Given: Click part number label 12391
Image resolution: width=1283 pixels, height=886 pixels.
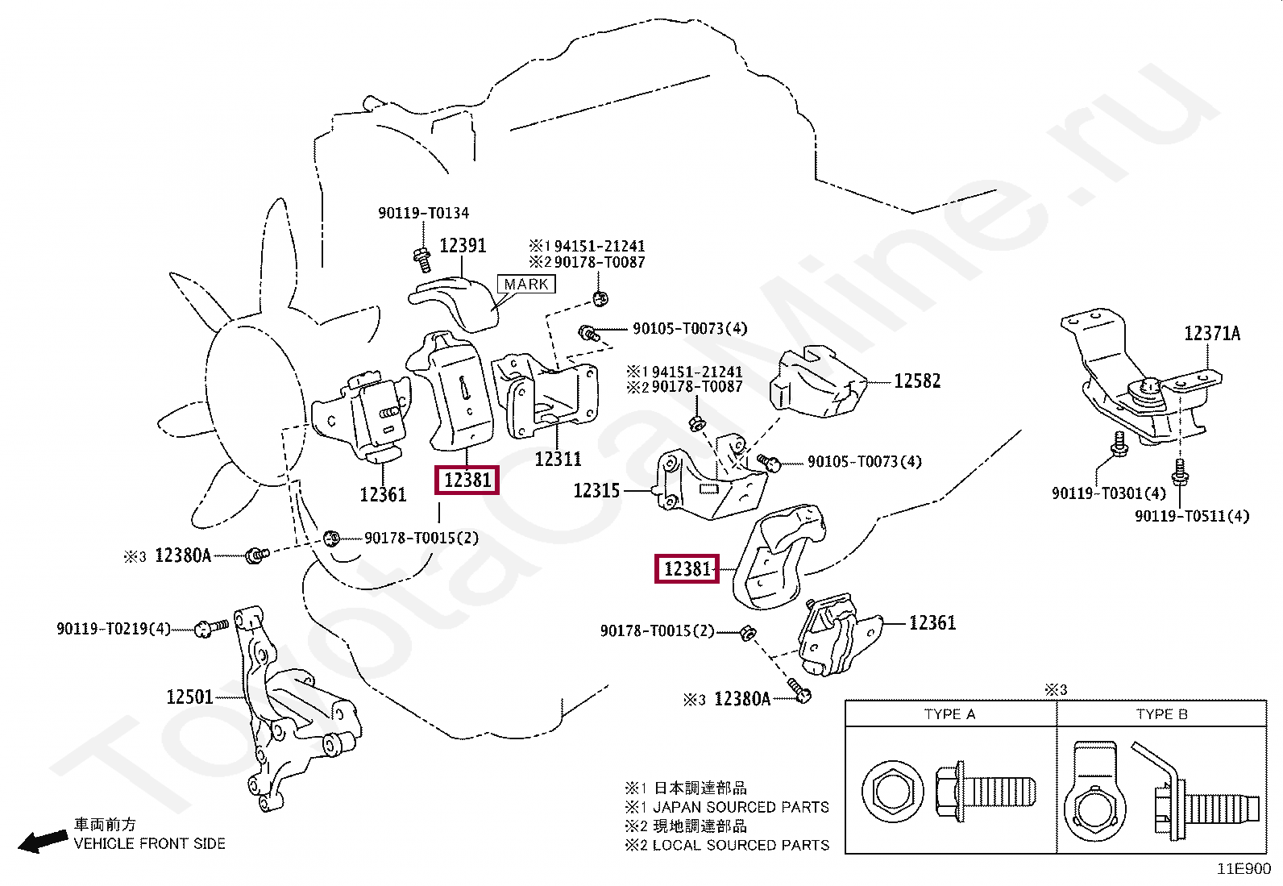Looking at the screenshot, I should [x=463, y=245].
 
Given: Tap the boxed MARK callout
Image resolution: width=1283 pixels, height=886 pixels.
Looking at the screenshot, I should [x=526, y=285].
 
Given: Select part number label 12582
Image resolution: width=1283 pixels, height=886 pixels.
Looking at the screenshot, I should [x=917, y=381].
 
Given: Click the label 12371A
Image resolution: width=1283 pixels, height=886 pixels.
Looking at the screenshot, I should [x=1211, y=334].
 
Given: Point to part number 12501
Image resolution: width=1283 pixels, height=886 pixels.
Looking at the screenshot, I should [x=189, y=697].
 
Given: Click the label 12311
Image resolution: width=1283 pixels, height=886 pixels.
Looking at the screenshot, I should [x=558, y=460].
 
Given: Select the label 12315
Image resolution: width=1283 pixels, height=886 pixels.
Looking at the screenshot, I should [x=596, y=490].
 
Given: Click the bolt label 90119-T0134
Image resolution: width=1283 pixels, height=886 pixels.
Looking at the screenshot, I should [x=423, y=214].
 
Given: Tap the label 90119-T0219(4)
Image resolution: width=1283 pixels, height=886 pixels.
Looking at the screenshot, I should [x=114, y=629].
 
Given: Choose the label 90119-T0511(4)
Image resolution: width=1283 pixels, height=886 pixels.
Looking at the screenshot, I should [x=1191, y=516].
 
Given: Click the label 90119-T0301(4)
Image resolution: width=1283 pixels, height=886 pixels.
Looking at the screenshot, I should [x=1108, y=493].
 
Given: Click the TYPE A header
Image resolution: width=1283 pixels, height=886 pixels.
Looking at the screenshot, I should [x=949, y=714].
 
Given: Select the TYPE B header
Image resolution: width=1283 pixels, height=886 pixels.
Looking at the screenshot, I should [x=1161, y=714].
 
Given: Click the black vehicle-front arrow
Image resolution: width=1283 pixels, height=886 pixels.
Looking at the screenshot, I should [x=43, y=842].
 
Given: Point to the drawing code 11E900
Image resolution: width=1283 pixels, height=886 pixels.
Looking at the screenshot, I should [x=1243, y=869].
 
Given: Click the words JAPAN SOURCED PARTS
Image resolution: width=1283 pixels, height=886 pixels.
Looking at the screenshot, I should [x=741, y=807].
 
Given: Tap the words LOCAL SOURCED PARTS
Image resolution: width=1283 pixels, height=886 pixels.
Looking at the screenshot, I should [x=741, y=846].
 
